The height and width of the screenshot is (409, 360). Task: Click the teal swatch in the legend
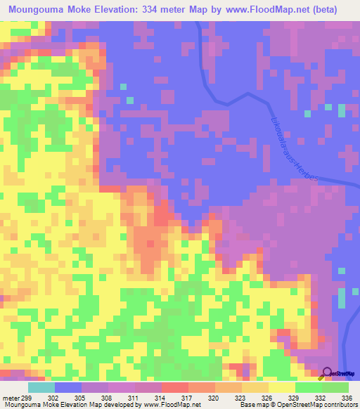click(x=41, y=387)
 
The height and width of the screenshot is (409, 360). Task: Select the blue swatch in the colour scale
click(x=68, y=387)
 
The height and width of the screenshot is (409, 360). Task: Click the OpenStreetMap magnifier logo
click(x=327, y=374)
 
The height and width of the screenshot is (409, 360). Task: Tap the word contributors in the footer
click(x=340, y=405)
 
